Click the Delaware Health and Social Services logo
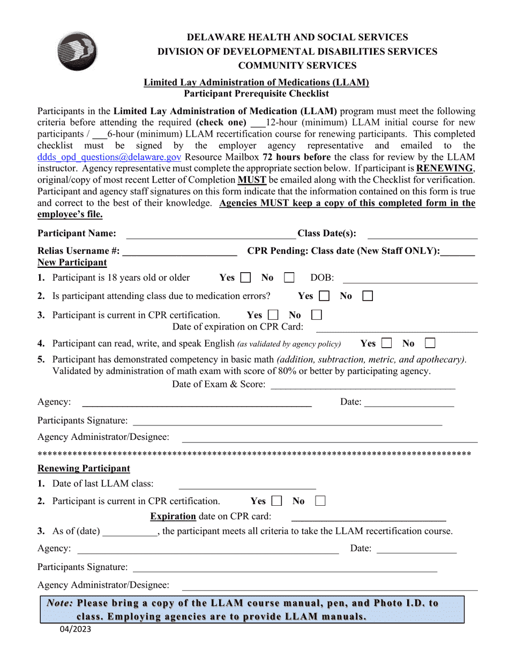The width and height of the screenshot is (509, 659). pos(77,51)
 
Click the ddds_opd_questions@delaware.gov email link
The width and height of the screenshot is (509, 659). pos(109,157)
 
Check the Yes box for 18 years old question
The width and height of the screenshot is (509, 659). pos(246,278)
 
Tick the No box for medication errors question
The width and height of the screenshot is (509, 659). pos(368,296)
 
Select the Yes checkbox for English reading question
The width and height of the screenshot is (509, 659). pos(387,343)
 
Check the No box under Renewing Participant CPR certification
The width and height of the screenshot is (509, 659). pos(320,501)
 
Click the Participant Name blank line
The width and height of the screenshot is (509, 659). pos(210,234)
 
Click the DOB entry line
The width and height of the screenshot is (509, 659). pos(409,279)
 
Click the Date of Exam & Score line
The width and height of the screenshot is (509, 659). pos(363,385)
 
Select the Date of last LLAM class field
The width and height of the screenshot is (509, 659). pos(247,485)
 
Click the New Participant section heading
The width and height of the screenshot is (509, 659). pos(72,263)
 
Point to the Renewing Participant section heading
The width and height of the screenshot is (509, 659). pos(84,468)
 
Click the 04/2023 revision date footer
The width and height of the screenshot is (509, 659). pos(75,629)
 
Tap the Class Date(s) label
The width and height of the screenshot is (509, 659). pos(327,233)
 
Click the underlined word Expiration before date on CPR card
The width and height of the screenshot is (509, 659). pos(173,516)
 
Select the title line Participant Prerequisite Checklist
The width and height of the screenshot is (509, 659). pos(256,93)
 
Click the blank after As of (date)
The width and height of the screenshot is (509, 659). pos(130,532)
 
